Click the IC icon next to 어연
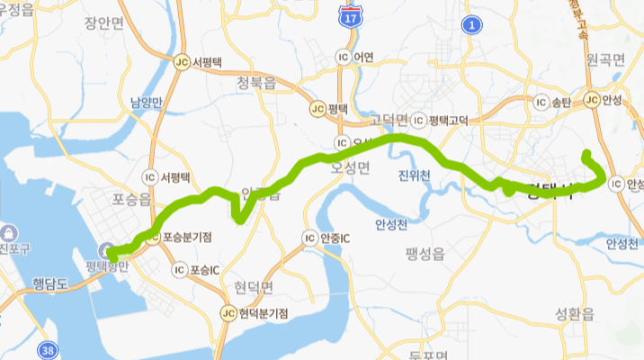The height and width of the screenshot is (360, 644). [x=341, y=56]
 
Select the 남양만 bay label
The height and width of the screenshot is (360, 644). [x=145, y=103]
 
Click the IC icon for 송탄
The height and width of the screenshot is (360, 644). [x=541, y=100]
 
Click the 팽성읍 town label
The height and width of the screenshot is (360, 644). [x=425, y=255]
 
